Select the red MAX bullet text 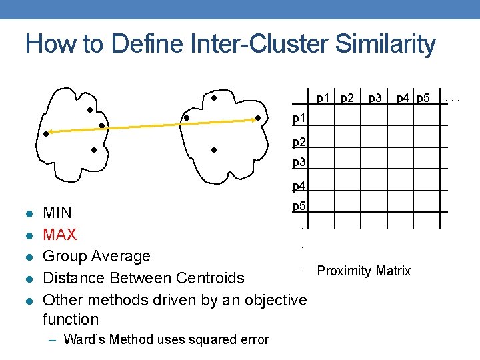59,235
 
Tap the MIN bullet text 57,213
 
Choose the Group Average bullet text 97,256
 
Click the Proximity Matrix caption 364,271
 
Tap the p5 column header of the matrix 423,99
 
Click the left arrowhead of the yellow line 48,133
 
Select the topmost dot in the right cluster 213,99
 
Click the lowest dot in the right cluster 213,149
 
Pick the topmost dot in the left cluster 89,110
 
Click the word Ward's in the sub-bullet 85,339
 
